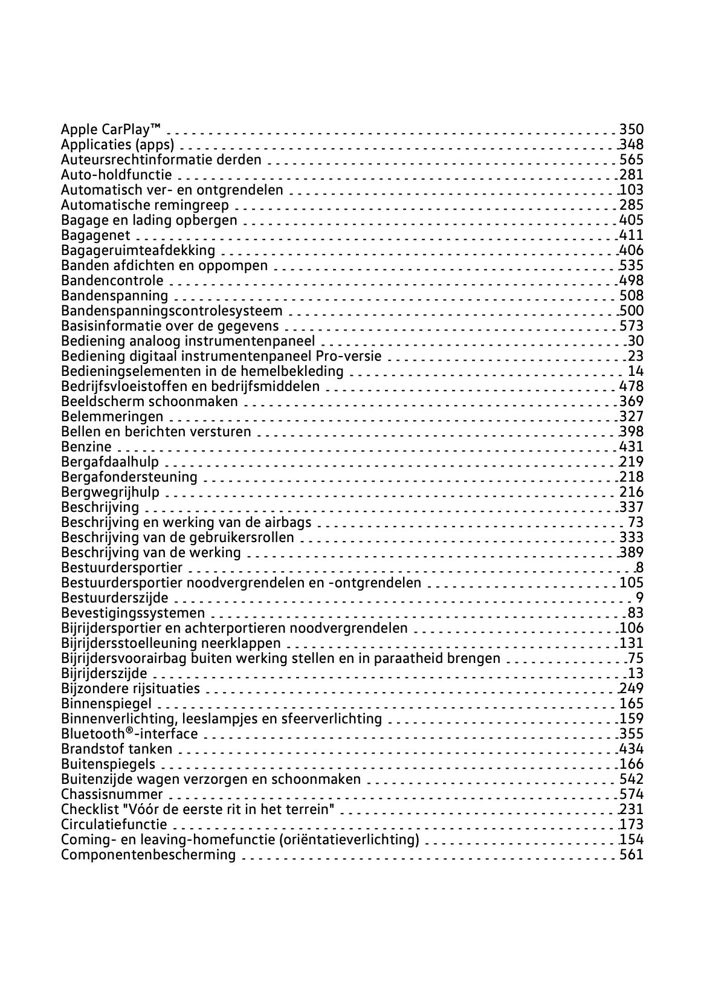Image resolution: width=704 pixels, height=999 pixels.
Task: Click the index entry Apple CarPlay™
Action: pos(111,129)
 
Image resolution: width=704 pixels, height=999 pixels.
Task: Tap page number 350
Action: pos(631,129)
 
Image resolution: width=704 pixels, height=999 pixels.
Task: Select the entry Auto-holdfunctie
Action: pos(116,175)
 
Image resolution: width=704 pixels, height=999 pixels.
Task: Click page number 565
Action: pos(631,160)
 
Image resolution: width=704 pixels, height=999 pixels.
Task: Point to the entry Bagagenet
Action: pos(95,235)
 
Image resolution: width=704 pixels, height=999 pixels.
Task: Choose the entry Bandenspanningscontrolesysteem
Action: pos(172,311)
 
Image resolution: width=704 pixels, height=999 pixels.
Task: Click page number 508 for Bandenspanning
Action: pos(631,296)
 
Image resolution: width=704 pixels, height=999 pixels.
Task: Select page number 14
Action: pos(636,371)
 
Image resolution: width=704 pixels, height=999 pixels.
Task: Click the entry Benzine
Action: pos(86,447)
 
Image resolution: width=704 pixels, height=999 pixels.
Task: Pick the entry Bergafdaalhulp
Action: pos(110,462)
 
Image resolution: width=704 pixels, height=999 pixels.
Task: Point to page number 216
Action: pos(631,492)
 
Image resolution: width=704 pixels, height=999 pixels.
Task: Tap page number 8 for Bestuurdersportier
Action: pos(639,567)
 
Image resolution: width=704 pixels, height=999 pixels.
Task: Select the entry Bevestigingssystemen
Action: pos(133,613)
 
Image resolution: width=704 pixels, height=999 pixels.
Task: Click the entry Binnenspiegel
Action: pos(106,703)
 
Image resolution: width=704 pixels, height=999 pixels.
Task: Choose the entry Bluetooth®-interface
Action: pos(129,734)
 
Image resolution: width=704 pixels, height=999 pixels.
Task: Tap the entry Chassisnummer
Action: pos(112,794)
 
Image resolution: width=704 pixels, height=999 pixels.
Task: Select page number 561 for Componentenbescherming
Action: pos(631,855)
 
